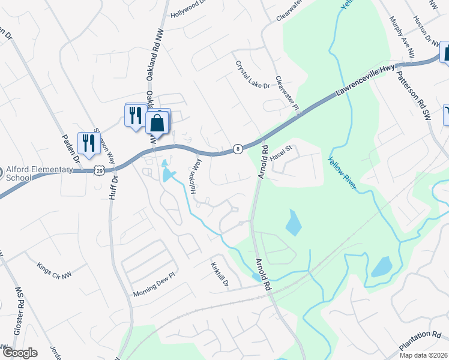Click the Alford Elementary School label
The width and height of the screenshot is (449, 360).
(x=36, y=173)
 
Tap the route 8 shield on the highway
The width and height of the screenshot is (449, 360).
(x=238, y=148)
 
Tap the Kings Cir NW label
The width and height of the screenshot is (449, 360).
(x=53, y=266)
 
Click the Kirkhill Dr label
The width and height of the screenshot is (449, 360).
(x=220, y=274)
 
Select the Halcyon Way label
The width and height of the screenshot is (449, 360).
(x=196, y=176)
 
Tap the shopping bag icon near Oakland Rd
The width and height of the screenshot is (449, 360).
(x=157, y=122)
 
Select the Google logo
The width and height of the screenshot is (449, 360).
(x=20, y=353)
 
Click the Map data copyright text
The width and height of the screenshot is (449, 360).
(x=423, y=355)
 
